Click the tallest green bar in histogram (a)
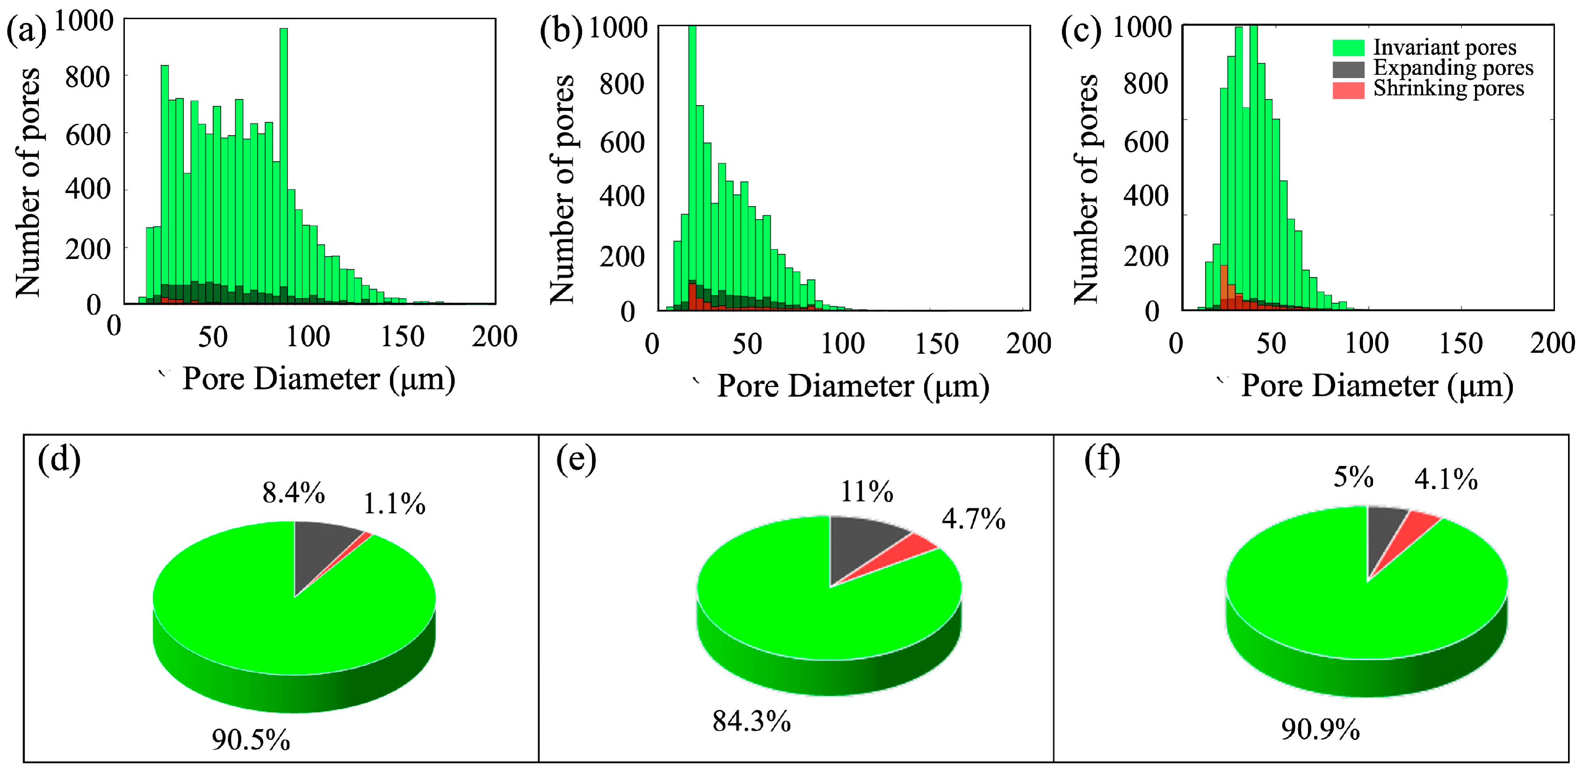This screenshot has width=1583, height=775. [283, 166]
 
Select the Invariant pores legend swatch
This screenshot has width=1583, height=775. [1348, 48]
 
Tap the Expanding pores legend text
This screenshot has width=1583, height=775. [1453, 68]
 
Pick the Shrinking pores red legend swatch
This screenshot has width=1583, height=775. [1348, 90]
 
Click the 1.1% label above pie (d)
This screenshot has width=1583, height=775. [394, 504]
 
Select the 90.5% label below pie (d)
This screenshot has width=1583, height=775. [251, 740]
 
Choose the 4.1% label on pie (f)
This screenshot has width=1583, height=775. [1446, 479]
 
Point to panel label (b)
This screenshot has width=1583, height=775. [560, 31]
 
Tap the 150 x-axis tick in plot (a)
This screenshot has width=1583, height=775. [403, 337]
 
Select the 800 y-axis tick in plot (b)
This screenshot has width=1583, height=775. [622, 84]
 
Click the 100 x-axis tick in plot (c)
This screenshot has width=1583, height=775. [1366, 343]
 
